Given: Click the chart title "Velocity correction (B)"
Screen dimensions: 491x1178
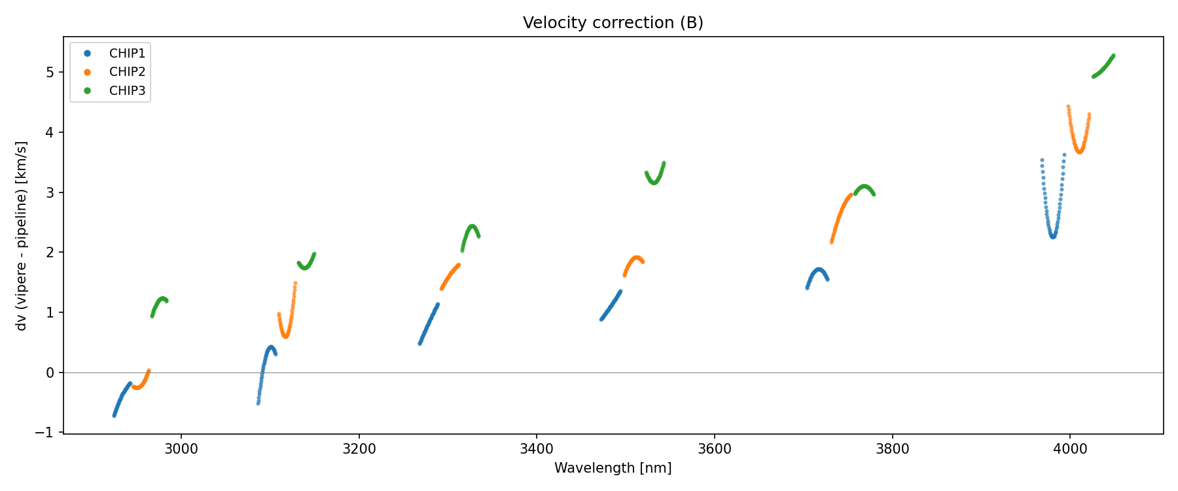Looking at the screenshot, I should click(x=613, y=23).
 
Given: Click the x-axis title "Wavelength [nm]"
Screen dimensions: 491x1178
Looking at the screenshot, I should click(x=613, y=468).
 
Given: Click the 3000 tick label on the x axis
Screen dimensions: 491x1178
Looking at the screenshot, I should click(x=181, y=449).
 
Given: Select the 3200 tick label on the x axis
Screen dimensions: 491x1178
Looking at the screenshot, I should click(x=359, y=449).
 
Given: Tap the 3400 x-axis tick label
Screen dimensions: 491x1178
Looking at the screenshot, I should click(x=536, y=449).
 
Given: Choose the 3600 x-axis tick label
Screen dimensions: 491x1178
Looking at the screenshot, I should click(x=714, y=449).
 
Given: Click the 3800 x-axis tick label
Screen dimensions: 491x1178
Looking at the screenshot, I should click(x=892, y=449).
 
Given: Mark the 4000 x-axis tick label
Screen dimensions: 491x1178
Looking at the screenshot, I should click(x=1069, y=449).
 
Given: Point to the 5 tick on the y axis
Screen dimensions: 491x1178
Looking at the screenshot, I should click(x=51, y=72).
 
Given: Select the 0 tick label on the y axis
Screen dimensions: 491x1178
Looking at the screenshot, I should click(x=51, y=373).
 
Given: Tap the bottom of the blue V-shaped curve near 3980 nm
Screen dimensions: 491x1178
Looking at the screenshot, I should click(x=1052, y=236).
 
